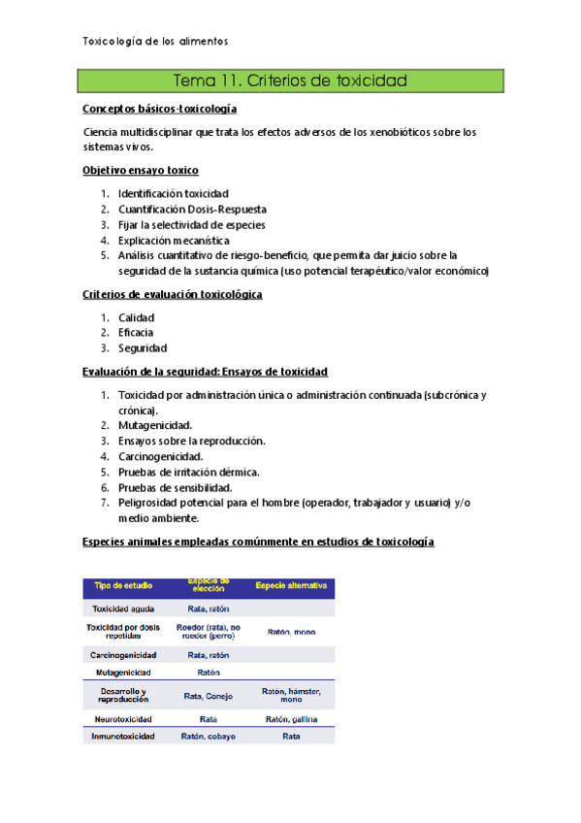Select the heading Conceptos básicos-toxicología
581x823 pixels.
pos(160,110)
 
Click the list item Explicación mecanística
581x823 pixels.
pos(174,240)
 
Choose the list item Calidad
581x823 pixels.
pos(137,317)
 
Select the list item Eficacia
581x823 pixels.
pos(136,333)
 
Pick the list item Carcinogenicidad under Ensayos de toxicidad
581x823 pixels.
pos(160,456)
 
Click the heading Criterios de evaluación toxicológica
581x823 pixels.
pos(174,294)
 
